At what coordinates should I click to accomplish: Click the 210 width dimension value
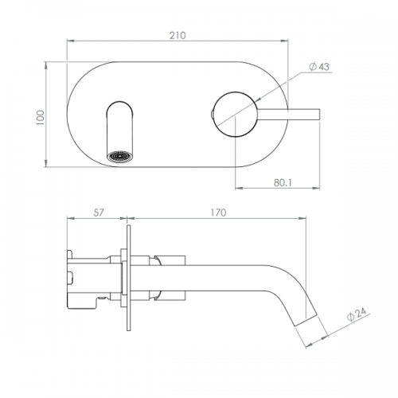point(178,35)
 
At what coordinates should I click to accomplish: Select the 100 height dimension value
point(41,118)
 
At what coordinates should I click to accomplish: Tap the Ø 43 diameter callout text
point(319,67)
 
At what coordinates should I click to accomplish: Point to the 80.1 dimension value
point(283,182)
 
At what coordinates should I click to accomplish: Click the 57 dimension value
point(99,213)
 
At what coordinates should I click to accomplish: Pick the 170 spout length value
point(218,213)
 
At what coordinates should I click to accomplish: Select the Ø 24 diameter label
point(357,314)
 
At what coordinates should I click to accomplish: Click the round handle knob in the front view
point(235,115)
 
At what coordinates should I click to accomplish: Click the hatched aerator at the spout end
point(119,156)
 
